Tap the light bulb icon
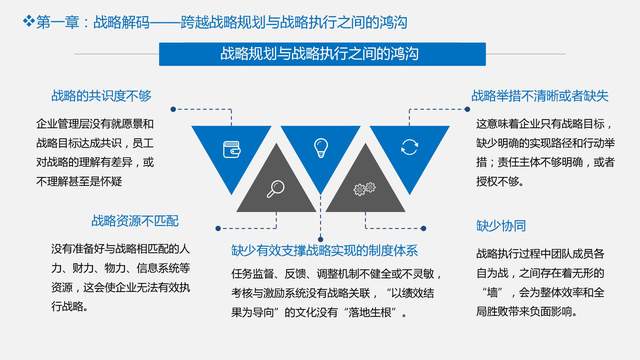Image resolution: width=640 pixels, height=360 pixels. tap(320, 147)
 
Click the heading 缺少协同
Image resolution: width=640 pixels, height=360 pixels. tap(501, 225)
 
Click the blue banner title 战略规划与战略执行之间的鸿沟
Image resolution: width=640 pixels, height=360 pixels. tap(319, 56)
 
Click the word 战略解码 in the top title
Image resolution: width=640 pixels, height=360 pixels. tap(120, 20)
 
